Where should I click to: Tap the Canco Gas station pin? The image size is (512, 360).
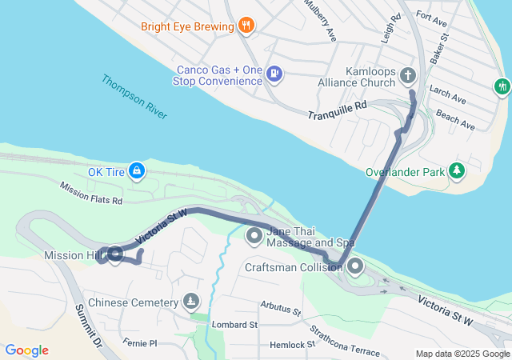(274, 74)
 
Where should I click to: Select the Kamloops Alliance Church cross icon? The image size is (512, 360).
(407, 76)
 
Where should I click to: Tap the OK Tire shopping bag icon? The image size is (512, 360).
(138, 170)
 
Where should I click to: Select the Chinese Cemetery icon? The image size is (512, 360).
(190, 302)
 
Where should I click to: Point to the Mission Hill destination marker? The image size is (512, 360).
(114, 255)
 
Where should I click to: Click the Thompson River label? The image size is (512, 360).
(134, 97)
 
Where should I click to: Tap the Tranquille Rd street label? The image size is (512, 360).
(337, 110)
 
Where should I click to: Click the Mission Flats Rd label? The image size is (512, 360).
(90, 193)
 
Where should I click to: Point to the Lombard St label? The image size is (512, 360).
(234, 325)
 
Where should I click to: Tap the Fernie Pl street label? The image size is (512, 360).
(142, 343)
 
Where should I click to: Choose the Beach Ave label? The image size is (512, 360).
(457, 122)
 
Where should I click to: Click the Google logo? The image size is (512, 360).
(26, 350)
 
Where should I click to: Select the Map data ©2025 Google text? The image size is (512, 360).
(462, 354)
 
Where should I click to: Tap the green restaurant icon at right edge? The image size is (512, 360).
(502, 85)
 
